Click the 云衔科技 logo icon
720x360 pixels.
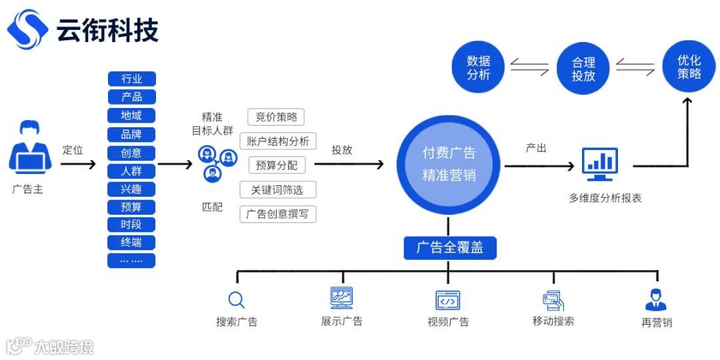click(27, 29)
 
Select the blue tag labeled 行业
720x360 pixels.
click(131, 79)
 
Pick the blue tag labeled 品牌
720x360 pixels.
click(131, 134)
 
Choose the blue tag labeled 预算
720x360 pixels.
click(131, 207)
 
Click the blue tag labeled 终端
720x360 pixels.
click(131, 242)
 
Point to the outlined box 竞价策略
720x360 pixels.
click(276, 117)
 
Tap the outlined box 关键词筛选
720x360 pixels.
click(277, 190)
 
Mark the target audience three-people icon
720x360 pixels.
click(217, 164)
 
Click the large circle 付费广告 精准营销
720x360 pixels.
click(449, 165)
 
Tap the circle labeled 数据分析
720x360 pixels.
click(479, 68)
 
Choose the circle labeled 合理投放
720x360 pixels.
click(583, 68)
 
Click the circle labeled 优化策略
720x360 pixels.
click(689, 67)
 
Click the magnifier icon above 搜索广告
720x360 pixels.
click(236, 299)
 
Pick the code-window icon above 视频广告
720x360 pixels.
click(448, 300)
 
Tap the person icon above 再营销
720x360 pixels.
click(656, 300)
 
